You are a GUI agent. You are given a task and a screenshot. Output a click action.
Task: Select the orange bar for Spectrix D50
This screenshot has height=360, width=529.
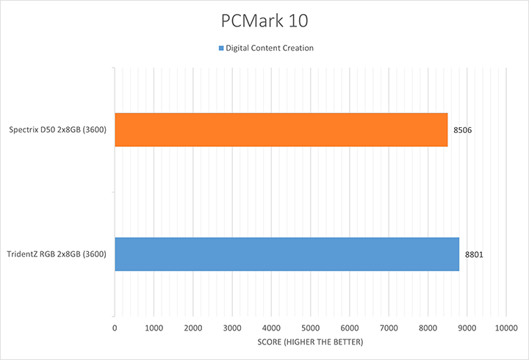(x=281, y=130)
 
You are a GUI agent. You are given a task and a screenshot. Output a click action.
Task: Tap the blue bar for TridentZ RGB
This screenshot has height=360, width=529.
(x=287, y=254)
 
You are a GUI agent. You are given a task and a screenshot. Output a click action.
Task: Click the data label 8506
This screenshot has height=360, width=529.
(x=463, y=130)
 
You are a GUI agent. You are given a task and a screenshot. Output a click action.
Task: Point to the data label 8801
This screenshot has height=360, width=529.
(x=475, y=254)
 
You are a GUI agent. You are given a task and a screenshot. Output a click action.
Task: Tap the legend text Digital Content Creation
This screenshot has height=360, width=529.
(x=270, y=48)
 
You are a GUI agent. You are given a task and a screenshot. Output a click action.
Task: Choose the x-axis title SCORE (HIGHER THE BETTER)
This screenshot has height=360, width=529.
(x=310, y=343)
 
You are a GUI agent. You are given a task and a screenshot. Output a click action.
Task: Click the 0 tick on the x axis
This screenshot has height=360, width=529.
(x=115, y=327)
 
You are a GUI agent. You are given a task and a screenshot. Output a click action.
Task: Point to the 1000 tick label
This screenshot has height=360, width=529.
(x=154, y=327)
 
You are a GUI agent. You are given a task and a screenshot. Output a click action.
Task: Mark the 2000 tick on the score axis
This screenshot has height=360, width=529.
(x=192, y=327)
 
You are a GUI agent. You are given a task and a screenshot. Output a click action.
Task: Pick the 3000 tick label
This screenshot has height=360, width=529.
(x=232, y=327)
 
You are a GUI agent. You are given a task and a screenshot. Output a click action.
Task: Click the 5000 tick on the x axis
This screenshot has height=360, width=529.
(x=310, y=327)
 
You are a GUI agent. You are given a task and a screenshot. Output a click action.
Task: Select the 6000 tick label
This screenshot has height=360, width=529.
(x=349, y=327)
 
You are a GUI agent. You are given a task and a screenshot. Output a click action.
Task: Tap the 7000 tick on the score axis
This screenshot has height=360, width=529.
(x=389, y=327)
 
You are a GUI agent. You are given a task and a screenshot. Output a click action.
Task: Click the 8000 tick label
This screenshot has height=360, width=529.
(x=428, y=327)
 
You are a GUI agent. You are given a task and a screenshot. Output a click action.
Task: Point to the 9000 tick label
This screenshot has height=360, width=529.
(x=467, y=327)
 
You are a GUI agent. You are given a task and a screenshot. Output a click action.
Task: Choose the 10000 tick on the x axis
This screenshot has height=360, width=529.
(x=505, y=327)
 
